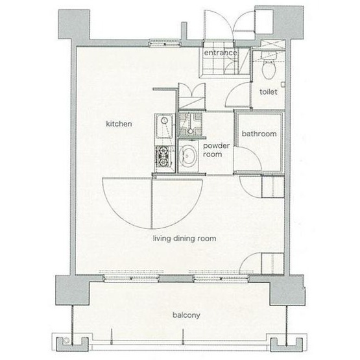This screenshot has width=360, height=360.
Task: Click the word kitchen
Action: point(119,124)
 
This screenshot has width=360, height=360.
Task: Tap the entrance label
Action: point(221,53)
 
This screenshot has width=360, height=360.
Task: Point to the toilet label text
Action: point(269,92)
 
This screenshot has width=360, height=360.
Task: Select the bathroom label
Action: point(259,134)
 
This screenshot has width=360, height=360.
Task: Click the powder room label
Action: point(216,150)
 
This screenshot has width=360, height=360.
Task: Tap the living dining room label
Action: point(185,239)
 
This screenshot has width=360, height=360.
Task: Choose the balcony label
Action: point(186,315)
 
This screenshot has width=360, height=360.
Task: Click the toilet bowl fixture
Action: point(269,67)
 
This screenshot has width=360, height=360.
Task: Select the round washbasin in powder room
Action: point(188,156)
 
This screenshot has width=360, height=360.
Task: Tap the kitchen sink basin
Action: point(164,126)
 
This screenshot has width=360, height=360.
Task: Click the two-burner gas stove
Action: point(164,157)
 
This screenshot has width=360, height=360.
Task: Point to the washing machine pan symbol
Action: point(190,124)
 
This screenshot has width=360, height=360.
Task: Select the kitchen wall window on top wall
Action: point(165,43)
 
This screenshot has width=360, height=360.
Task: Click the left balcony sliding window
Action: point(131,278)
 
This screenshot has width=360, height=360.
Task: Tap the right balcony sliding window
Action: point(221,278)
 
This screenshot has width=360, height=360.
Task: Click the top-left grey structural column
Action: point(74,25)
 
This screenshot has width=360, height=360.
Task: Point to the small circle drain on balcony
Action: point(66,341)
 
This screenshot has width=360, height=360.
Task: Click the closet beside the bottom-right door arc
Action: point(272,263)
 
